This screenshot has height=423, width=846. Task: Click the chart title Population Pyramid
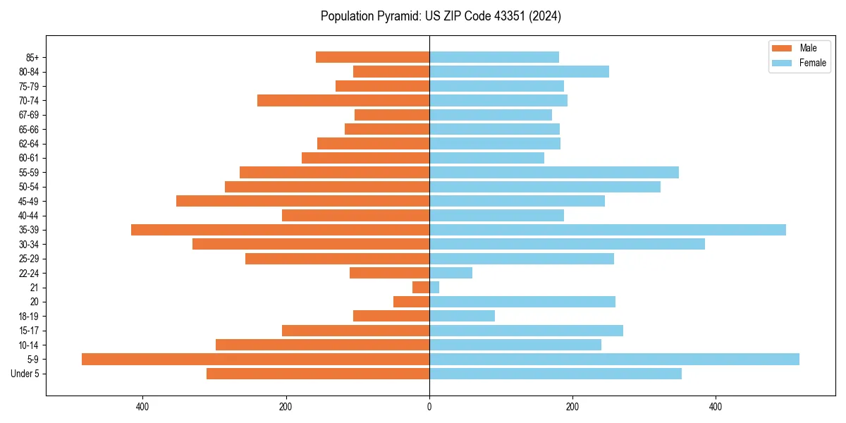click(x=441, y=16)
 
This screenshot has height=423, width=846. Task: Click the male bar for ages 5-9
click(x=255, y=360)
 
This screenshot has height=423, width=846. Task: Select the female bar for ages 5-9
click(x=614, y=360)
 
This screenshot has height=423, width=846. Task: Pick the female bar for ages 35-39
click(x=607, y=230)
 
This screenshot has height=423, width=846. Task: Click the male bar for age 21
click(x=421, y=288)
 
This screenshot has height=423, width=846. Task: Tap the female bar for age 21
click(x=434, y=288)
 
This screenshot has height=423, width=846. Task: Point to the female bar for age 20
click(x=522, y=302)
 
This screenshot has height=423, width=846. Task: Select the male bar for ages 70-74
click(x=343, y=101)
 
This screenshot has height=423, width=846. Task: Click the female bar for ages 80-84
click(x=519, y=72)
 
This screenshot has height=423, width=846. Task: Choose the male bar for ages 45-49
click(x=302, y=201)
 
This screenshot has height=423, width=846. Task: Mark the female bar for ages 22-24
click(x=450, y=273)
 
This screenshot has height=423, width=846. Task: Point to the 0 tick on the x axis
click(x=429, y=406)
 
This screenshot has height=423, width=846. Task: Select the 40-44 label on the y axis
click(x=28, y=216)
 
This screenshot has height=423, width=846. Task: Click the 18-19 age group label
click(x=28, y=317)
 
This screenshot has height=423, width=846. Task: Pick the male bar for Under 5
click(x=318, y=374)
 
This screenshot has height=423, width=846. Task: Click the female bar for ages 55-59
click(x=553, y=173)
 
